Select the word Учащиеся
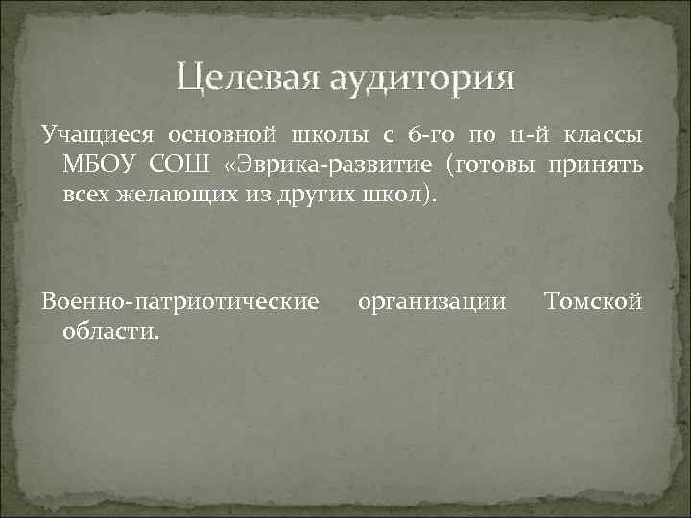pyautogui.click(x=90, y=137)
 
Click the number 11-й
pyautogui.click(x=522, y=137)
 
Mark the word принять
pyautogui.click(x=600, y=165)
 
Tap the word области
pyautogui.click(x=111, y=331)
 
